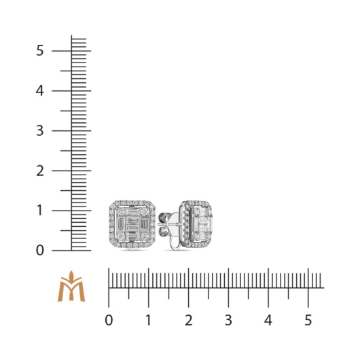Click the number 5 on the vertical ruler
point(39,50)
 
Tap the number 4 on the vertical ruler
point(39,91)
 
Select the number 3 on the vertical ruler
point(39,130)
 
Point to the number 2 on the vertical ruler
point(40,170)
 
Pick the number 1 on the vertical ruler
point(40,211)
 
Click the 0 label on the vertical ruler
point(39,250)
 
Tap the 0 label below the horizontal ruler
point(109,320)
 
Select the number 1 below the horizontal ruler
point(149,320)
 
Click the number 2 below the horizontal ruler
point(189,320)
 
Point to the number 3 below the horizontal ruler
point(228,320)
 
